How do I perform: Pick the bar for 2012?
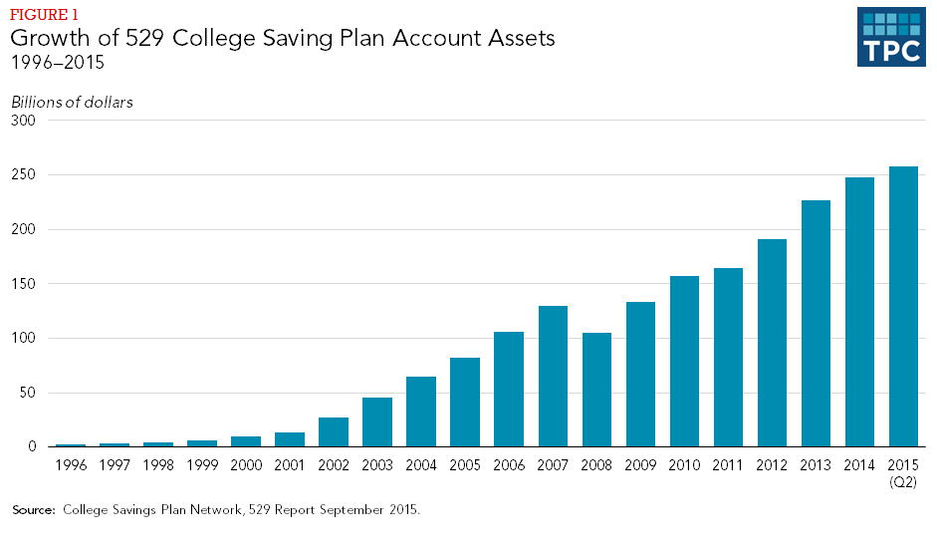click(772, 343)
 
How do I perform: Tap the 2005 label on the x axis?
click(465, 465)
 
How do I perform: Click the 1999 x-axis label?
click(202, 465)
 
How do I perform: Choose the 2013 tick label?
click(816, 465)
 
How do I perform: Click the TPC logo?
click(890, 37)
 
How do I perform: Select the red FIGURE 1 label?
click(43, 15)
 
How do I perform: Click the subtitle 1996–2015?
click(58, 64)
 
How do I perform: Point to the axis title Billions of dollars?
click(72, 102)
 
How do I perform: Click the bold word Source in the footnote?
click(33, 510)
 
